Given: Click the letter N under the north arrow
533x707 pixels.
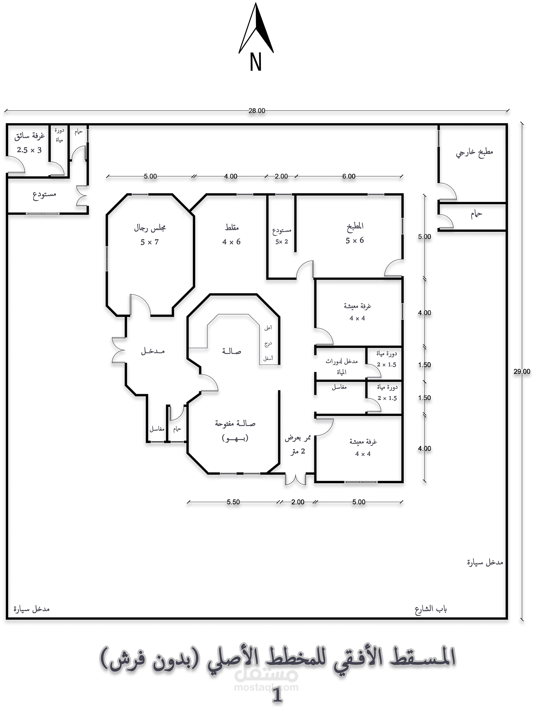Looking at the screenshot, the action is pos(256,62).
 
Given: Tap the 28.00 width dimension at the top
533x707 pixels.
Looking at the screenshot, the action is pos(257,111).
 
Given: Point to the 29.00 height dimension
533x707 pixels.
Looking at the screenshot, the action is pos(522,372).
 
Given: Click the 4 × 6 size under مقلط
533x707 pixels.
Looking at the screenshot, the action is pos(231,242).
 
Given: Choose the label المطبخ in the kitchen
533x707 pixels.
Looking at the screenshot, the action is pos(355,226).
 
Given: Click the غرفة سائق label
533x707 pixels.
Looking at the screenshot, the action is pos(30,137).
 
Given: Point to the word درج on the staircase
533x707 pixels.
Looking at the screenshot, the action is pos(268,344).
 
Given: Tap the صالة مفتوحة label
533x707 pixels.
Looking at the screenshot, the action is pos(235,424).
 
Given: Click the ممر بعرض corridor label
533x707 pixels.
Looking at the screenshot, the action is pos(298,438).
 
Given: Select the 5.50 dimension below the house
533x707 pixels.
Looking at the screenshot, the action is pos(233,502).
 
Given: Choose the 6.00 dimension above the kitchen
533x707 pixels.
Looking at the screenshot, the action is pos(349,176).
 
